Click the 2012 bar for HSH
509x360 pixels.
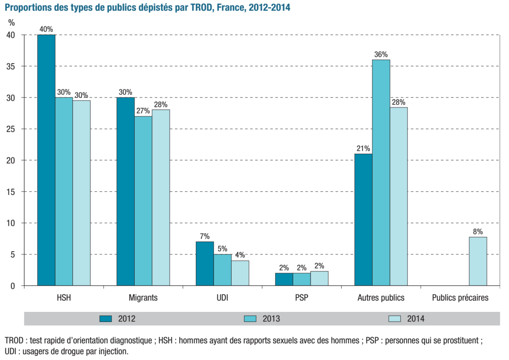point(46,160)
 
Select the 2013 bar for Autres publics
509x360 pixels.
point(381,173)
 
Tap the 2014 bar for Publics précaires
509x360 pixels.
point(478,261)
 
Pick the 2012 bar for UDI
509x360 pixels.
point(205,264)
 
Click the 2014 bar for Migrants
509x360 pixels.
point(161,197)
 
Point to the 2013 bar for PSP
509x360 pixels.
point(302,279)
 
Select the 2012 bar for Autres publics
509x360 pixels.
point(363,220)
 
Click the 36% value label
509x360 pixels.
point(381,54)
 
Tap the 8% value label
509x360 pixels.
point(478,232)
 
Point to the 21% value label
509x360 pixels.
point(363,149)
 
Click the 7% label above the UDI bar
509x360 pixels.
point(205,236)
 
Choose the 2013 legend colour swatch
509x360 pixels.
point(250,319)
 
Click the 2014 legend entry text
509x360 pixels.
point(416,319)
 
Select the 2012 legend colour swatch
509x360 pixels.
point(105,319)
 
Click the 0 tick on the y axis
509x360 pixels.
point(13,286)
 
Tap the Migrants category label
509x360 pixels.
point(143,298)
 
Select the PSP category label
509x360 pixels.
point(302,298)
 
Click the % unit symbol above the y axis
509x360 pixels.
point(12,23)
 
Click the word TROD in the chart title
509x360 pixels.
point(202,8)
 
